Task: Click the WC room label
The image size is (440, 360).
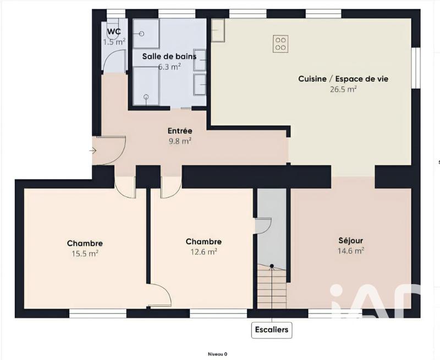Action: pos(114,31)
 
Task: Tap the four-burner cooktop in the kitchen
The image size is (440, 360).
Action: pos(280,43)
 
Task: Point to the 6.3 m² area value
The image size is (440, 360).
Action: pos(169,67)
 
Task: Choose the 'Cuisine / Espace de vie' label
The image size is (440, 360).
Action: pos(343,79)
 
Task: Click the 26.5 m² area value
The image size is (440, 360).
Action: pos(343,88)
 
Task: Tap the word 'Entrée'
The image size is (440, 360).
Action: pos(180,131)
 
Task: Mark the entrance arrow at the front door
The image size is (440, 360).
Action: pos(94,151)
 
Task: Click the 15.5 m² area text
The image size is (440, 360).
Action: pos(85,253)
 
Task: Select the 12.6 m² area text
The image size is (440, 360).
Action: pos(204,252)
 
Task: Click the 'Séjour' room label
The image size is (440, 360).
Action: pos(350,240)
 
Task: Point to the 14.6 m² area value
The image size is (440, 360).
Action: pos(350,251)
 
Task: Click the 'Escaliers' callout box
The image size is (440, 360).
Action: pos(271,330)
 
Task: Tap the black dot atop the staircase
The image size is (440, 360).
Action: pos(271,266)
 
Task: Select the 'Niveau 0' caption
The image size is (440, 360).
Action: pos(217,354)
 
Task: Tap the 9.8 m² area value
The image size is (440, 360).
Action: pos(180,141)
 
